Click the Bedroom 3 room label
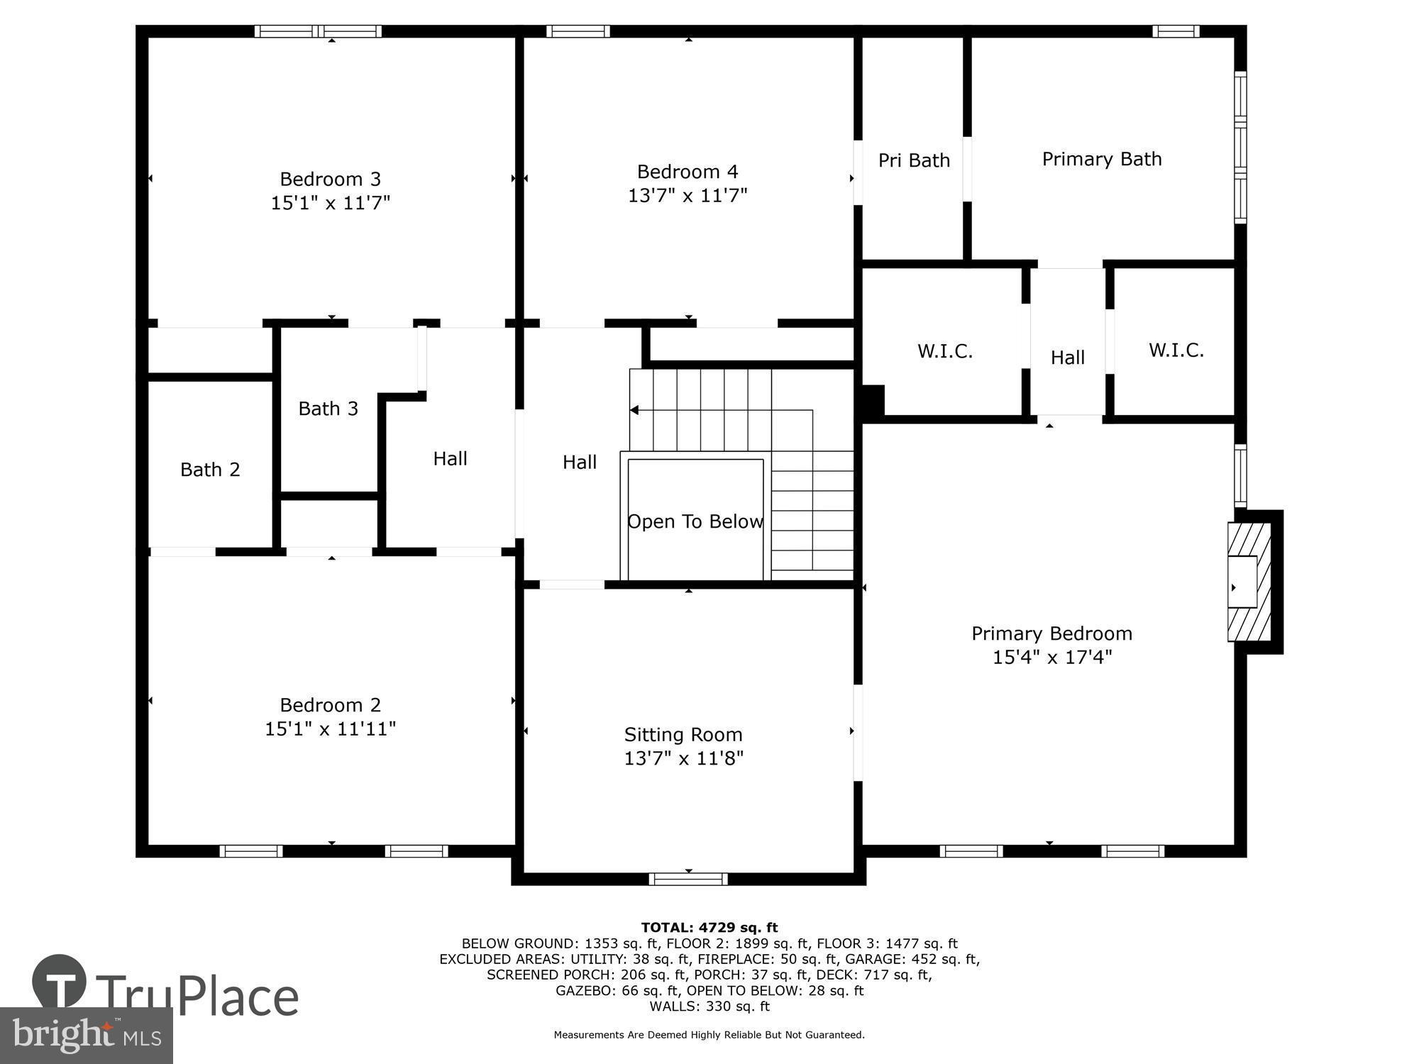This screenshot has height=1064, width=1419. click(x=330, y=179)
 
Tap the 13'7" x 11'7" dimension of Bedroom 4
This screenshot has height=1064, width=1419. click(x=687, y=195)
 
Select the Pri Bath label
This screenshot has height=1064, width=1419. click(x=914, y=161)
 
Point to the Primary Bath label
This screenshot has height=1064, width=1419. click(x=1101, y=159)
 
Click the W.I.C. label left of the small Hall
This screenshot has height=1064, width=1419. click(x=944, y=351)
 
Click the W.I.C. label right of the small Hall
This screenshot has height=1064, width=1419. click(x=1176, y=350)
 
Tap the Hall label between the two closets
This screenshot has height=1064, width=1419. click(x=1067, y=358)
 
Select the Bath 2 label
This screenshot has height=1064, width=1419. click(x=210, y=470)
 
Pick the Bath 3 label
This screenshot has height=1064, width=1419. click(x=328, y=409)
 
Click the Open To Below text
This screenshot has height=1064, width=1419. click(x=695, y=521)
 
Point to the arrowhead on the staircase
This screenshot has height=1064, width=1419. click(x=634, y=410)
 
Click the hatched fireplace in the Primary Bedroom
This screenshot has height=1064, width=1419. click(x=1248, y=582)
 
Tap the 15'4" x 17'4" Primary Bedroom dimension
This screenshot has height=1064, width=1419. click(x=1051, y=657)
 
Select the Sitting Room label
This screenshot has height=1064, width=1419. click(x=683, y=734)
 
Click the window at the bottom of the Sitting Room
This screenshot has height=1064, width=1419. click(x=688, y=879)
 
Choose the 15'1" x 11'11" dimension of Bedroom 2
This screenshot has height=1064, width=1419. click(x=330, y=728)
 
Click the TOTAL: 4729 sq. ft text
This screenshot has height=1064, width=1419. click(x=709, y=927)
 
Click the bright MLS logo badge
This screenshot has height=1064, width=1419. click(x=86, y=1035)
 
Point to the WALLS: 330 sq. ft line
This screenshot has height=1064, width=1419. click(x=709, y=1006)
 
